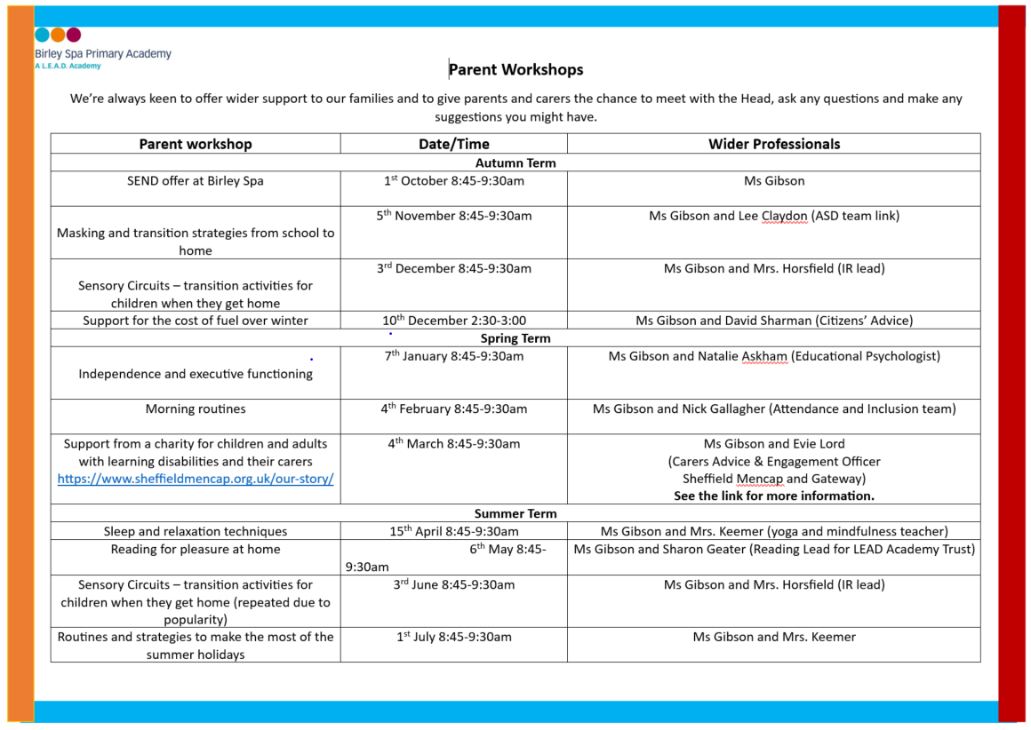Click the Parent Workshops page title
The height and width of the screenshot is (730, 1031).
tap(515, 69)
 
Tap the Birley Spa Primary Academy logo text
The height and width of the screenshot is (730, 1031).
tap(103, 54)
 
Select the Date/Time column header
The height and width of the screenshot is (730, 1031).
tap(453, 144)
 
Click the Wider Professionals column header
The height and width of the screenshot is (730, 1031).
tap(773, 144)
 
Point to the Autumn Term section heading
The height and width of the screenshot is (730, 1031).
tap(515, 163)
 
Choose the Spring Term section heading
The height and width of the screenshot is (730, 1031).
tap(515, 338)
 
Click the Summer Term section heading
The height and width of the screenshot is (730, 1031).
tap(515, 513)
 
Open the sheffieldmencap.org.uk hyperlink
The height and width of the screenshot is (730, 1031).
tap(196, 479)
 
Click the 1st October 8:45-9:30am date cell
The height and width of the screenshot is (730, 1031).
tap(453, 181)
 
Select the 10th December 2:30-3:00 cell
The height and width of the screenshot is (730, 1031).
tap(453, 321)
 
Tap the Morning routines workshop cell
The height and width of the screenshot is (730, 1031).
tap(196, 409)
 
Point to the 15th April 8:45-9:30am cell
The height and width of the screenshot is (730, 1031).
tap(453, 531)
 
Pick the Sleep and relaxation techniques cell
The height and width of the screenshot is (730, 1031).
tap(196, 531)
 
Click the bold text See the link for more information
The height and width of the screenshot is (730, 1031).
tap(773, 496)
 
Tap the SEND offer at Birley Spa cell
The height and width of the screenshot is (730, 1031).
tap(196, 181)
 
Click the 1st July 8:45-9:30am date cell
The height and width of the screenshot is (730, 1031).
tap(453, 637)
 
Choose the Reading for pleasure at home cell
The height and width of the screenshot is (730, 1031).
tap(196, 550)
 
